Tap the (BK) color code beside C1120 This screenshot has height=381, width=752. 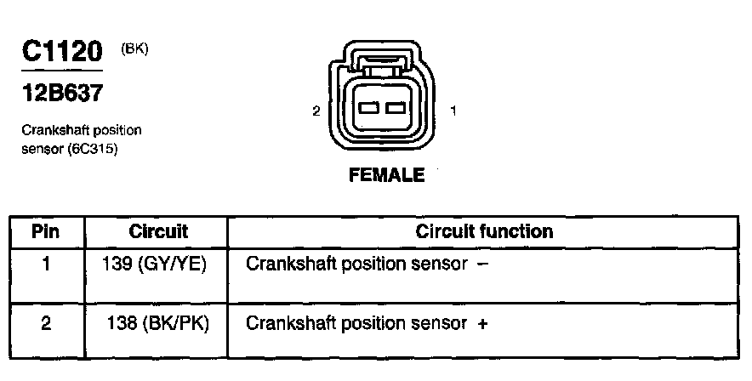point(135,49)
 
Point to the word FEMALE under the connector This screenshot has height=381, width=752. point(386,176)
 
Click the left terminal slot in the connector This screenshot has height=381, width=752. point(369,109)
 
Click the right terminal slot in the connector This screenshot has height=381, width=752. point(394,109)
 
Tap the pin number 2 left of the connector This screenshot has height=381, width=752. point(316,111)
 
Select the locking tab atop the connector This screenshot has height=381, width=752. point(382,61)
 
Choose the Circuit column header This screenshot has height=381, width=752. point(158,231)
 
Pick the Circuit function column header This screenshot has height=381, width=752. point(484,231)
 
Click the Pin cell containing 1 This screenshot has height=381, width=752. point(47,264)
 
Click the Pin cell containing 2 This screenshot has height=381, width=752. point(47,323)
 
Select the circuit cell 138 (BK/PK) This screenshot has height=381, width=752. point(158,323)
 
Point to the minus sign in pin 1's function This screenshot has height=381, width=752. point(483,264)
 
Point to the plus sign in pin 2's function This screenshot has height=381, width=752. point(483,324)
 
